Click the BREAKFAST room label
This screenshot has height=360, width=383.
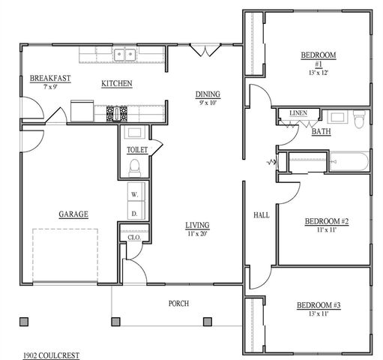pos(50,78)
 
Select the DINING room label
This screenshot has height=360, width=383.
pos(207,94)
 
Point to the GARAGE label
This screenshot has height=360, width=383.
pos(73,214)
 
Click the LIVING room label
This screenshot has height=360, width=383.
pos(198,225)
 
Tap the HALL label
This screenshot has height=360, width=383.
pos(262,215)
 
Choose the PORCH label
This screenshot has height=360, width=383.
pos(178,304)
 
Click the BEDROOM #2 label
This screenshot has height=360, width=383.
pos(327,221)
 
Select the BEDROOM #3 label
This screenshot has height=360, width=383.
pos(319,305)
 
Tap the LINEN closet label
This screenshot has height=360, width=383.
pos(298,113)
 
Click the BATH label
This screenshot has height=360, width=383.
pos(322,131)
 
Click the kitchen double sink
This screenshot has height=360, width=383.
pos(124,54)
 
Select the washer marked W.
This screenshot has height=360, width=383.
pos(136,195)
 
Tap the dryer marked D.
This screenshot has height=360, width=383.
pos(136,213)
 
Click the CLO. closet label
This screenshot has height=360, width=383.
pos(135,238)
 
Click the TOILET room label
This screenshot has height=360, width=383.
pos(137,150)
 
